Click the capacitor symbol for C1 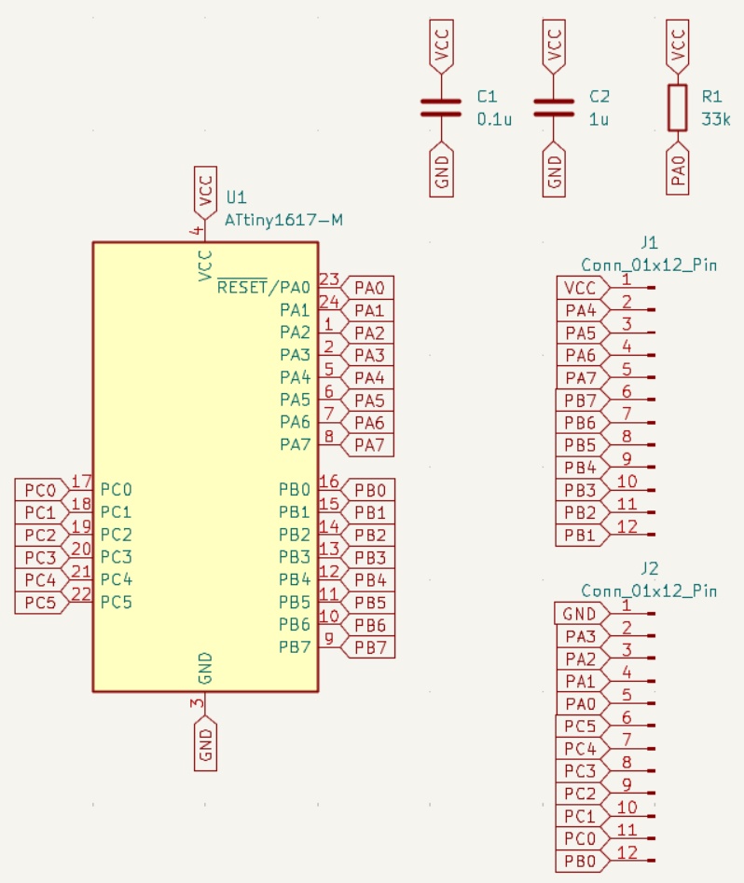(441, 107)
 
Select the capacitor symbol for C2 (555, 107)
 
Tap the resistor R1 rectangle (678, 107)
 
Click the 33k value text (716, 119)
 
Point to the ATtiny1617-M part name (283, 220)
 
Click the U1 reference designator (237, 197)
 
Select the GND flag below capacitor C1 (441, 169)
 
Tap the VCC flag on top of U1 (205, 192)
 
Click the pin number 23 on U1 (328, 278)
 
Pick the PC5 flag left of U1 (40, 603)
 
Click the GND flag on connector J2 (580, 614)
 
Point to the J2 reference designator (650, 568)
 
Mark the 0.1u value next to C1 (494, 119)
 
